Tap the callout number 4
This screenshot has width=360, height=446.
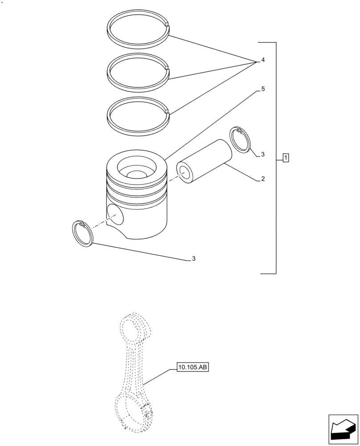[x=263, y=60]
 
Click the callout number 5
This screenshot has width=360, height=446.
[x=263, y=89]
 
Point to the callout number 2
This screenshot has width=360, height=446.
[x=263, y=179]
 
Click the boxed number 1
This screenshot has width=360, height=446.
[x=286, y=157]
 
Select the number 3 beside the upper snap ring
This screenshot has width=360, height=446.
[x=263, y=155]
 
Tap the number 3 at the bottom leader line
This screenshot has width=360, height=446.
[x=193, y=259]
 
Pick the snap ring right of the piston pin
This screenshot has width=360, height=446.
[x=241, y=140]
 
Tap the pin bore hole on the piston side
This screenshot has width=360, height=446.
[x=115, y=214]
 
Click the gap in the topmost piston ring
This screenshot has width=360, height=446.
[x=168, y=25]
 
